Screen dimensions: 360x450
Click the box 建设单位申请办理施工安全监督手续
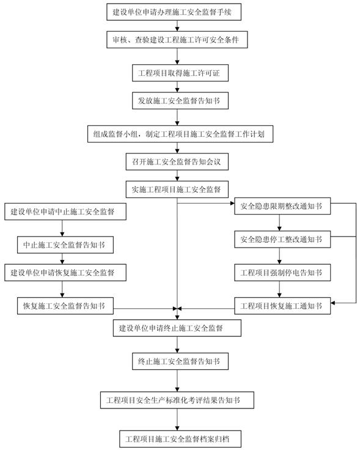click(x=174, y=12)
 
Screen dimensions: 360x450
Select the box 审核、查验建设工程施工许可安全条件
click(x=177, y=40)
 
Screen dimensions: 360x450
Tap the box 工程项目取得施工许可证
click(x=180, y=73)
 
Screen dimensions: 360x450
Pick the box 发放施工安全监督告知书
click(x=180, y=101)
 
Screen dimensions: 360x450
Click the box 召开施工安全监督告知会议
click(x=177, y=161)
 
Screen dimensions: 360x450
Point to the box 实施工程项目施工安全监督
click(x=177, y=190)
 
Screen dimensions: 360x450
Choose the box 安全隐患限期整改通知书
click(x=282, y=206)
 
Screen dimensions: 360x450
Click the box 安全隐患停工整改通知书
click(x=282, y=239)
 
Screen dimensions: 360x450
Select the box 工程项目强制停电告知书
click(x=282, y=273)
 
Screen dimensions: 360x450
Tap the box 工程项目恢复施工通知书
click(x=282, y=306)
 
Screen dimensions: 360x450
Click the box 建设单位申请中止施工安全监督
click(x=65, y=212)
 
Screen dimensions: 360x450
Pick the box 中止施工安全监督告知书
click(x=65, y=245)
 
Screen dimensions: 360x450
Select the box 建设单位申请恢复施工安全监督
click(x=65, y=272)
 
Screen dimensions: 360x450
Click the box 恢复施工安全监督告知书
click(x=65, y=306)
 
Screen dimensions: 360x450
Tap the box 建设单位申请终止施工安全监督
click(x=177, y=328)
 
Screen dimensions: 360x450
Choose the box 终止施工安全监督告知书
click(x=180, y=361)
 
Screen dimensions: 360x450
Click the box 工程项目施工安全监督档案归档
click(x=180, y=438)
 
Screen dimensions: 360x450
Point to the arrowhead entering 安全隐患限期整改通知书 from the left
click(x=232, y=203)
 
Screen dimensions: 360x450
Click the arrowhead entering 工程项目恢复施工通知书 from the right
click(x=332, y=303)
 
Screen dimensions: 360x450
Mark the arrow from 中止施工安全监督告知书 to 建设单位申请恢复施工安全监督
click(x=62, y=259)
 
